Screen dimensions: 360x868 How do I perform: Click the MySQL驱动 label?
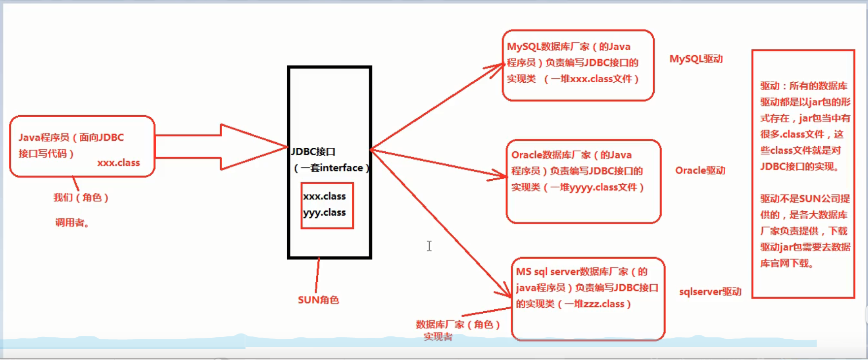(x=696, y=59)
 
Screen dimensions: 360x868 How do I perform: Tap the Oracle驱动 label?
(x=700, y=170)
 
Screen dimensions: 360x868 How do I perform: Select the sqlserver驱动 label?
(x=710, y=292)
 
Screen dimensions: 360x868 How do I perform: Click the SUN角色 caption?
(x=318, y=300)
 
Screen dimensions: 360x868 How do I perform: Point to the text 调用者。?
(x=72, y=223)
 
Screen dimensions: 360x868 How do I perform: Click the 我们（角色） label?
(x=81, y=197)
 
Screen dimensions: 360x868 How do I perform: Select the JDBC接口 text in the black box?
(x=313, y=152)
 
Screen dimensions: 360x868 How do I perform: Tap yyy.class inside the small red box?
(x=325, y=212)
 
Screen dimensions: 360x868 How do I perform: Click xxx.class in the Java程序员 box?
(x=118, y=163)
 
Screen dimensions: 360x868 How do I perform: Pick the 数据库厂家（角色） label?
(x=458, y=324)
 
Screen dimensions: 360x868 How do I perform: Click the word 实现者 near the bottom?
(x=438, y=337)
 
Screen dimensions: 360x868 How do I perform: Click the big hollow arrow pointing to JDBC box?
(x=222, y=147)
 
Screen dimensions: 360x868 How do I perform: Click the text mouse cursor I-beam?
(x=429, y=246)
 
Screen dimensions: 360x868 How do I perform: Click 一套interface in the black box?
(x=332, y=168)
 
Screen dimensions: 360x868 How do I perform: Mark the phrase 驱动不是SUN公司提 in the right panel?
(x=805, y=198)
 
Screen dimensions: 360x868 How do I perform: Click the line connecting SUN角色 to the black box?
(x=317, y=276)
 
